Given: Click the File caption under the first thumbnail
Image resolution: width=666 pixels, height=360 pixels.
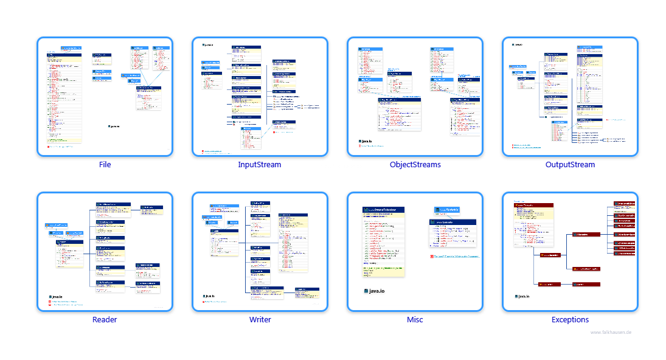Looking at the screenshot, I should (105, 164).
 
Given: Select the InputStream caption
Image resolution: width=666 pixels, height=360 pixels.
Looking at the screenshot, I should (260, 164).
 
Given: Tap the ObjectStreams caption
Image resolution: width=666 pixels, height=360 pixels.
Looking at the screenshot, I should (415, 164).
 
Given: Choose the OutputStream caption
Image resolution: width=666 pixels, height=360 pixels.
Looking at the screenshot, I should (570, 164).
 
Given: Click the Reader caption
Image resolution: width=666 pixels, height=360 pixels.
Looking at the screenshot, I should (105, 320).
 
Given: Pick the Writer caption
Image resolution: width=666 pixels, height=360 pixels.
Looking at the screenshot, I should (260, 320).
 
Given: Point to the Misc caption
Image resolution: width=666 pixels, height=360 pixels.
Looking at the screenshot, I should (415, 320).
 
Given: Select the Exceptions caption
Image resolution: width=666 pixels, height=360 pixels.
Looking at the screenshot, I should (570, 320).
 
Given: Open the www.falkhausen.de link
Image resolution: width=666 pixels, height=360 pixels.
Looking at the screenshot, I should (611, 332).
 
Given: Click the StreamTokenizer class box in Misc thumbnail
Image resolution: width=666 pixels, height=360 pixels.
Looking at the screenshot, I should (383, 210).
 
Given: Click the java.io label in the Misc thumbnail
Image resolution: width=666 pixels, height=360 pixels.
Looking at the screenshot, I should (374, 291).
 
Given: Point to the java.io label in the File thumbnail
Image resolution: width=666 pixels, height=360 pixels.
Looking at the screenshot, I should (114, 126).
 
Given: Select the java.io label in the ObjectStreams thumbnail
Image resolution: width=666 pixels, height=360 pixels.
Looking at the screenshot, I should (366, 141).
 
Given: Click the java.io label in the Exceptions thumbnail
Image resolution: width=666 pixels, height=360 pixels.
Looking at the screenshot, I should (522, 297).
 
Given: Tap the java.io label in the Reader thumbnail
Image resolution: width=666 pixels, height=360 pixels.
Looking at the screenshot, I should (55, 297).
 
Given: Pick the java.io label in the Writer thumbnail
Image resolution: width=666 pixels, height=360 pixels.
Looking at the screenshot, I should (211, 297).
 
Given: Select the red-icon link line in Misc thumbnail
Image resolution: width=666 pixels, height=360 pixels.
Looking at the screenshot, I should (453, 257).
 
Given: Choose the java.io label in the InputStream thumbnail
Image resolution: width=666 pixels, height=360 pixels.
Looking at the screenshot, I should (208, 45).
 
